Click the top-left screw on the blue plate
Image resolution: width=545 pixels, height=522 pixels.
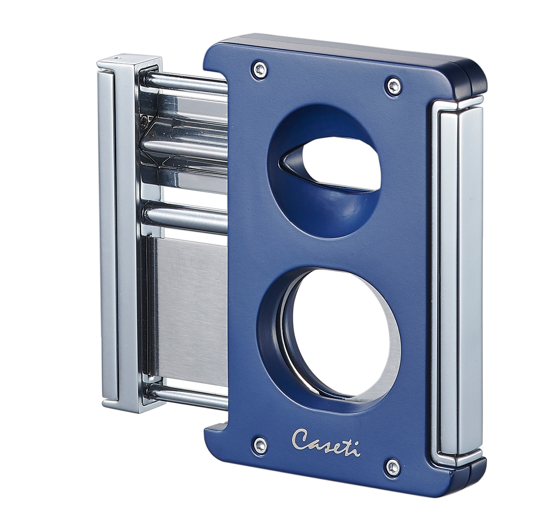pyautogui.click(x=260, y=69)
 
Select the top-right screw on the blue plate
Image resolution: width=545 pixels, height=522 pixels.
pyautogui.click(x=393, y=85)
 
